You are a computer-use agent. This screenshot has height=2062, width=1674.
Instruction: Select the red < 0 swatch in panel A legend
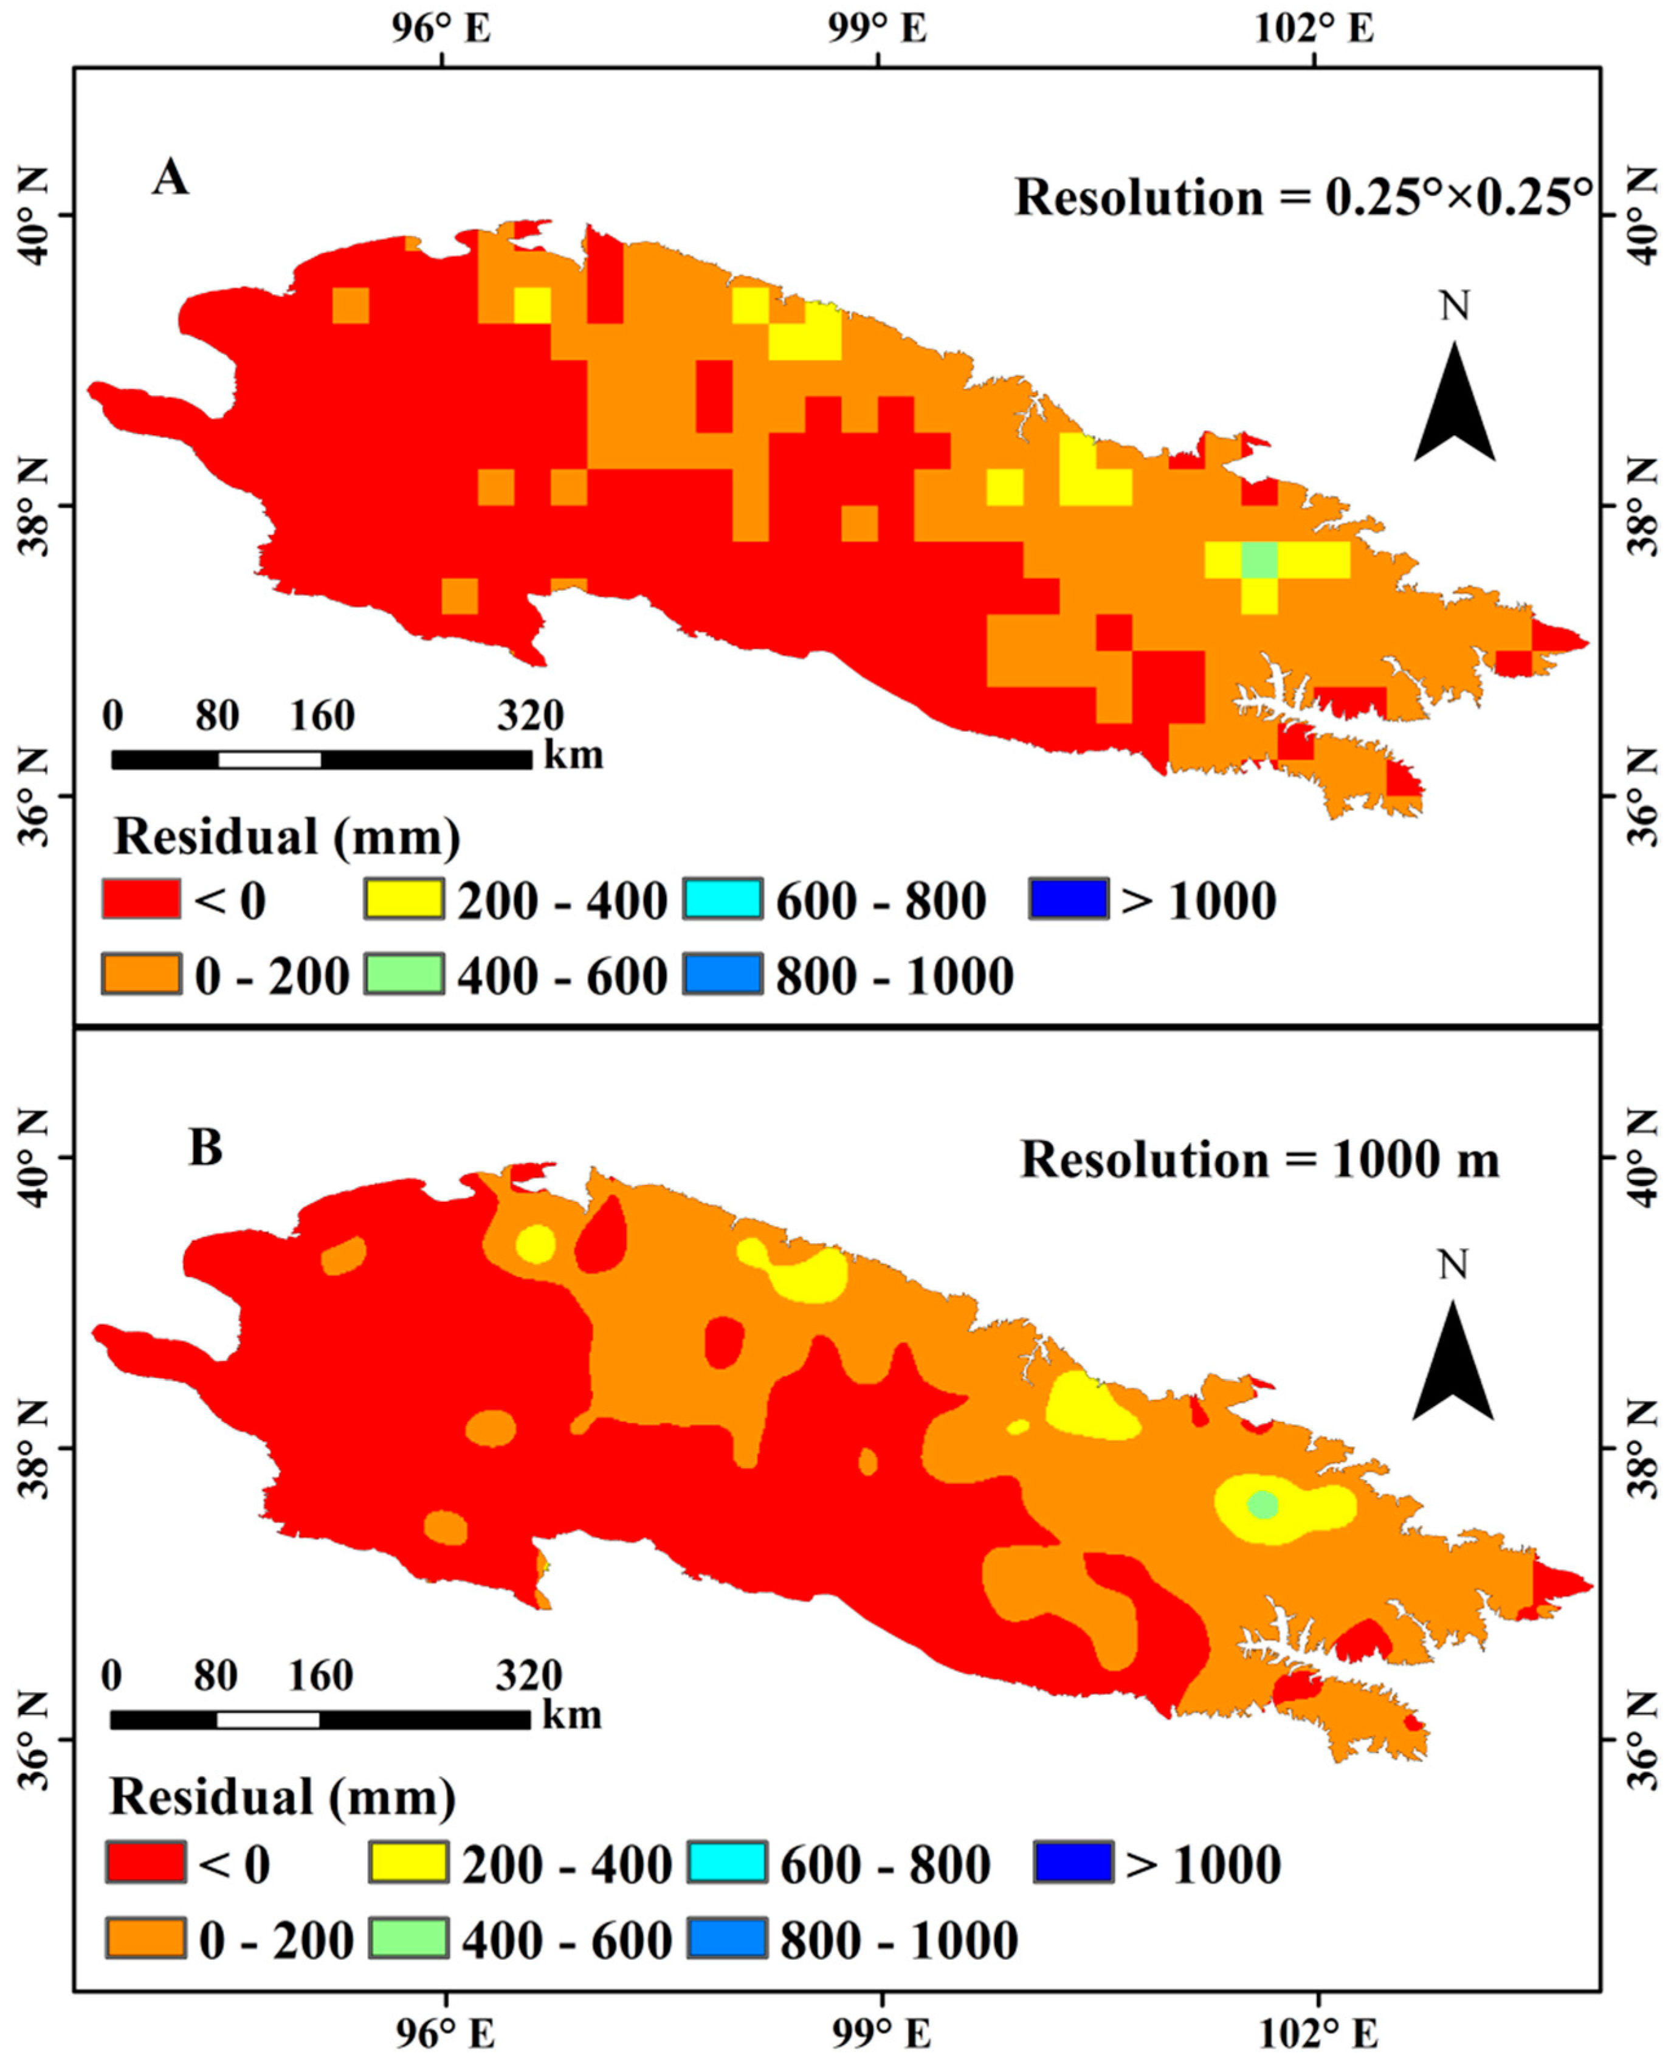(x=141, y=899)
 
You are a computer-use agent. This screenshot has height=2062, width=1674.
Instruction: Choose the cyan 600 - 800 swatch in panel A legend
(x=723, y=899)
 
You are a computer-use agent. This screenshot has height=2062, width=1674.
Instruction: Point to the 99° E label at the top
(x=878, y=29)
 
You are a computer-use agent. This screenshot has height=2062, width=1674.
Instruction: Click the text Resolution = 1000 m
(x=1259, y=1159)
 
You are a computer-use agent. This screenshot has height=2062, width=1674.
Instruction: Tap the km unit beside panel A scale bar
(x=574, y=755)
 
